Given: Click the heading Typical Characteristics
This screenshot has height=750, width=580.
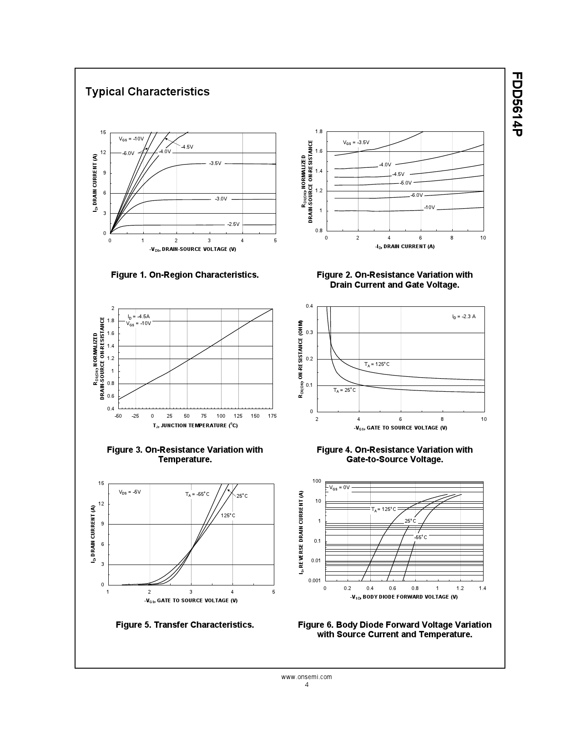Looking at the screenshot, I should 147,92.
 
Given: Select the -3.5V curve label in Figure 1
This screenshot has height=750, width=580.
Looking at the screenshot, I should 215,163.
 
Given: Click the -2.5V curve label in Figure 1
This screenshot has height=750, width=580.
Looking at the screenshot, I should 233,224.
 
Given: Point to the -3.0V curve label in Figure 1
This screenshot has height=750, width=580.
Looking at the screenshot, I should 221,199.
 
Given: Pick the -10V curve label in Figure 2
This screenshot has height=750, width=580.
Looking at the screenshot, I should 429,207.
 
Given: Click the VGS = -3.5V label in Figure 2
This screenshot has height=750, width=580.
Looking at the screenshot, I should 356,142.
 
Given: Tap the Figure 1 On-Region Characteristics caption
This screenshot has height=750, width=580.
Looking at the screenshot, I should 185,275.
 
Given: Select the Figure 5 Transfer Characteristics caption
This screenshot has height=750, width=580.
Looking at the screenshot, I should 185,625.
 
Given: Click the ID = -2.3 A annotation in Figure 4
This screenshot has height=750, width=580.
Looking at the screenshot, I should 464,316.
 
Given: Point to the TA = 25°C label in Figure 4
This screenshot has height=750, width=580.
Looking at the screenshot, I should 344,390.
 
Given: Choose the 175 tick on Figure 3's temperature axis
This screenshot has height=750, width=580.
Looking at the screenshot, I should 272,416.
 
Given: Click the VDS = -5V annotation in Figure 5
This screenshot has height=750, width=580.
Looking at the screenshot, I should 130,492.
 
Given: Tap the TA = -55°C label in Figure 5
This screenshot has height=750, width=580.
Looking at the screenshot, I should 197,494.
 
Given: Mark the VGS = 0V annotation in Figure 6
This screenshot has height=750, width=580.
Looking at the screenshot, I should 339,487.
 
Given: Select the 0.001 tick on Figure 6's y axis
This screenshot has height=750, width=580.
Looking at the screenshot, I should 314,580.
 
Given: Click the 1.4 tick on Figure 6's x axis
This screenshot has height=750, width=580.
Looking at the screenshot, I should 482,588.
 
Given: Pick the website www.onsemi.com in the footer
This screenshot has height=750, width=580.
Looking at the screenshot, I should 307,677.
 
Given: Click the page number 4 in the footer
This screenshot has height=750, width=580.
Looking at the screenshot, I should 307,685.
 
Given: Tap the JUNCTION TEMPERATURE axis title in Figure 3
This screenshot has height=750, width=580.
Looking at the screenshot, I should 195,425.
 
